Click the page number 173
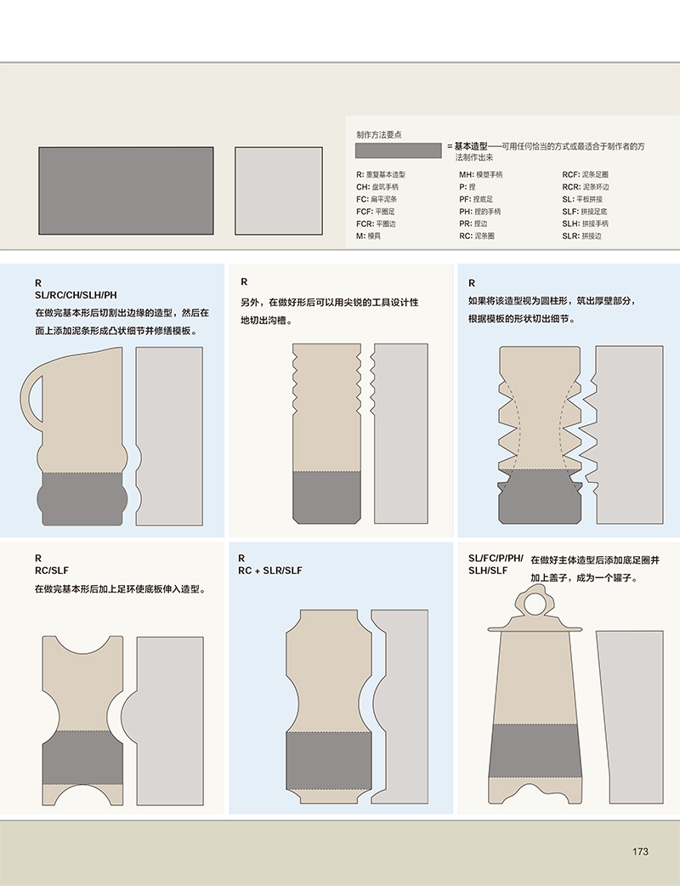(640, 851)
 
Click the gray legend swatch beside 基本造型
(398, 151)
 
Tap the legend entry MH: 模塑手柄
(480, 174)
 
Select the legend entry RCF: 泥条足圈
(585, 174)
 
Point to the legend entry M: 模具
(368, 236)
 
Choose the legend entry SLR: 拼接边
(581, 236)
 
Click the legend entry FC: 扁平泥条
(377, 200)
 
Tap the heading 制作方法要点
(379, 135)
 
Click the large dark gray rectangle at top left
(126, 191)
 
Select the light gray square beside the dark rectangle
(279, 191)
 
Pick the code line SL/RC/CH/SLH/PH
(76, 295)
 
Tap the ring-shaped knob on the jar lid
(535, 603)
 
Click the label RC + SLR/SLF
(270, 571)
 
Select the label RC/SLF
(51, 571)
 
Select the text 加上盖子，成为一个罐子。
(585, 578)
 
